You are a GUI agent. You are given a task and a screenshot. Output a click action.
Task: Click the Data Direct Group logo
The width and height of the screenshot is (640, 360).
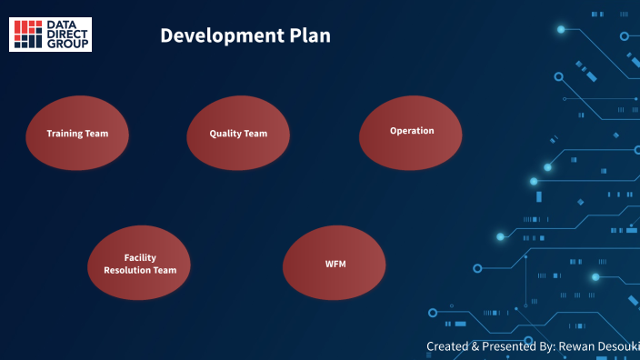(50, 34)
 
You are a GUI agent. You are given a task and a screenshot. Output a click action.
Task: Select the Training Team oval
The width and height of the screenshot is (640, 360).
(77, 134)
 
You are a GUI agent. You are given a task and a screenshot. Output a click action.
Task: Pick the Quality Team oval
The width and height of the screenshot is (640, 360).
(238, 134)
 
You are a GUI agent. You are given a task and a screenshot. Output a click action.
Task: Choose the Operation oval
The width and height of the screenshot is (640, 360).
(412, 133)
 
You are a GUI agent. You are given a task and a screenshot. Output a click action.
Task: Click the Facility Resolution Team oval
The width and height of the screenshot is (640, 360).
(140, 264)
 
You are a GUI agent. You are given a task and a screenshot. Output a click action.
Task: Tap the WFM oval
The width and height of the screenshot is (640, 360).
(335, 264)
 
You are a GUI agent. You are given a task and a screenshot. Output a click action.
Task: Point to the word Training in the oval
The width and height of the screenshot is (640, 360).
(65, 134)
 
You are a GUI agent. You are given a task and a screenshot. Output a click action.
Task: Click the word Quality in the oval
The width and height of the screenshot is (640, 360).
(225, 134)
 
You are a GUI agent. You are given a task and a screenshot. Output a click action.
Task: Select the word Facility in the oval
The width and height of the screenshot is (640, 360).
(140, 258)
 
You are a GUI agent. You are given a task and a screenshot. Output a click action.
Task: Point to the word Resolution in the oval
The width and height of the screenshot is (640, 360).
(129, 271)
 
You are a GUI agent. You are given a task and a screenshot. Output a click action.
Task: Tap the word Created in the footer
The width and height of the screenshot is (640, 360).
(447, 346)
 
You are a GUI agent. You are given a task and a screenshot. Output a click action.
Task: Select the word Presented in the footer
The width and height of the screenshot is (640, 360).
(505, 346)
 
